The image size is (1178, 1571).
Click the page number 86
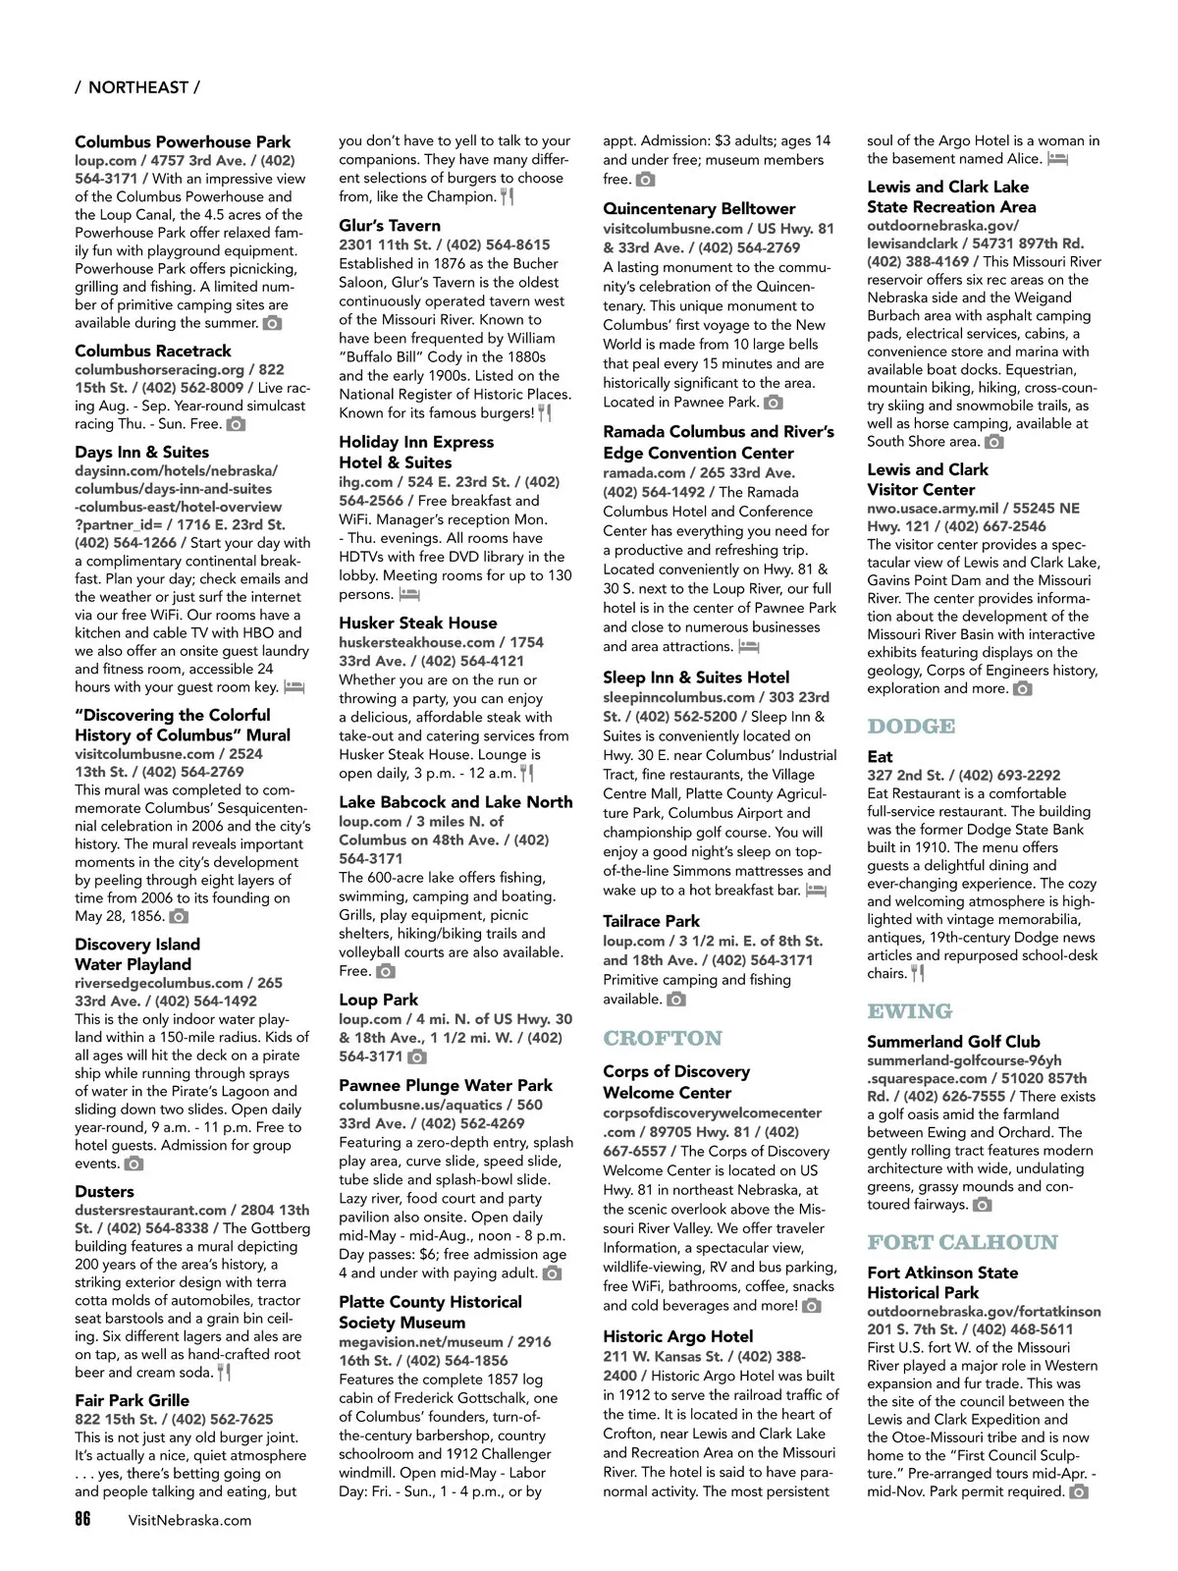tap(82, 1519)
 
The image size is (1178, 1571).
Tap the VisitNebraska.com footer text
tap(189, 1520)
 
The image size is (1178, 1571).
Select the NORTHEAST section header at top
tap(137, 87)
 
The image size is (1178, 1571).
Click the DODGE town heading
tap(910, 727)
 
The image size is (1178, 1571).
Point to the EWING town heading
tap(909, 1011)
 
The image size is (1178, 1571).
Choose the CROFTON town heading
tap(662, 1039)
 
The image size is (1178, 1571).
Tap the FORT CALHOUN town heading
tap(962, 1243)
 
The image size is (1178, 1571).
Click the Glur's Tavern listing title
tap(390, 226)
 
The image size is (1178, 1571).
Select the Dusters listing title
tap(104, 1191)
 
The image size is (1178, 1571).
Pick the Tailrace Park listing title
tap(651, 921)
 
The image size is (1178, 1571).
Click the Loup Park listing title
tap(378, 1000)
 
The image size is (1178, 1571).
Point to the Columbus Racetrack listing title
tap(152, 351)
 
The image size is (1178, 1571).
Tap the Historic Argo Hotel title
tap(677, 1336)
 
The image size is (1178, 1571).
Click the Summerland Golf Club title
tap(952, 1042)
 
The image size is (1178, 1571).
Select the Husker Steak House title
tap(417, 623)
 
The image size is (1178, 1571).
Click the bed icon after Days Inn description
tap(294, 687)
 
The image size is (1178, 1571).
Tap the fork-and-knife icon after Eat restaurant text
tap(918, 974)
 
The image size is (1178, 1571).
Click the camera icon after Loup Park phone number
tap(417, 1056)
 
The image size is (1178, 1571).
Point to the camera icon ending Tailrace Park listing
tap(676, 1000)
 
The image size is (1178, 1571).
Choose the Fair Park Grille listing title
tap(132, 1400)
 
